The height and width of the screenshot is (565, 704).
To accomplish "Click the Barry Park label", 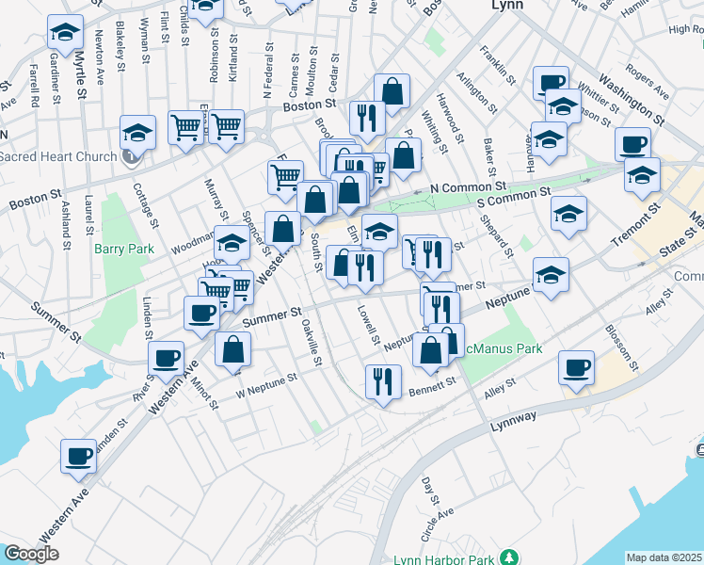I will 117,250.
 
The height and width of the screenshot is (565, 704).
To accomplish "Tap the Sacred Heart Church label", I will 59,155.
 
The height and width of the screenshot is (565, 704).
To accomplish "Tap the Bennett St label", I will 434,382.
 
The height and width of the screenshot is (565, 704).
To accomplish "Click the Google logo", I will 31,554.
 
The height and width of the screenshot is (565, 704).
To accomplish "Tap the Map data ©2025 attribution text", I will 664,557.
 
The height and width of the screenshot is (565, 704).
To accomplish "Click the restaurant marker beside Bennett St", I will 383,380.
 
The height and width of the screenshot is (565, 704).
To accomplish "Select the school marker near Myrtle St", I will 64,32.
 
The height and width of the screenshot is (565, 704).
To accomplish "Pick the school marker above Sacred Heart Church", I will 137,132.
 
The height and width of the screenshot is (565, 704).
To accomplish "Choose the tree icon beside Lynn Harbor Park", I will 509,557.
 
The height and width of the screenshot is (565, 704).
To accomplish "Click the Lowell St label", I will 367,324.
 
